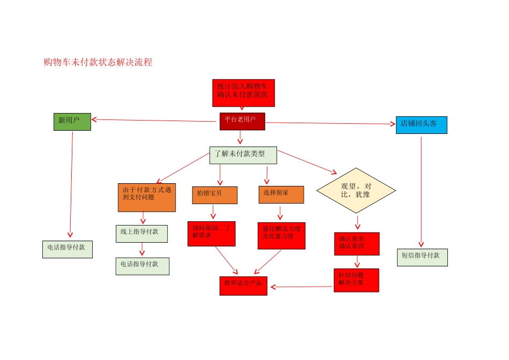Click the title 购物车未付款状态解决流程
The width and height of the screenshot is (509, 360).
(98, 63)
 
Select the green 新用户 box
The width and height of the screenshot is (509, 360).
(72, 121)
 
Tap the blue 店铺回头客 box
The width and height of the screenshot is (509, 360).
(421, 124)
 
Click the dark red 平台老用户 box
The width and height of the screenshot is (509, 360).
(242, 121)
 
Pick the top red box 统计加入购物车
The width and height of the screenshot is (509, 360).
(243, 92)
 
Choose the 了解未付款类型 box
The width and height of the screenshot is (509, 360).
(243, 155)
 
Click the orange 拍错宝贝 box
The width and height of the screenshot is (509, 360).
(214, 194)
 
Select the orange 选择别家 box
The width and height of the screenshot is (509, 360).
(281, 194)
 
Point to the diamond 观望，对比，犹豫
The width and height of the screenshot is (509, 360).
(356, 190)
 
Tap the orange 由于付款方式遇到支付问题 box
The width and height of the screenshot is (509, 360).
(147, 197)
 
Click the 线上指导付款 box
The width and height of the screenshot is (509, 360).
(141, 233)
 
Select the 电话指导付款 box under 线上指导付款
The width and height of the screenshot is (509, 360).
(142, 266)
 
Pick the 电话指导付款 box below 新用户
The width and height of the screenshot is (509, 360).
(67, 249)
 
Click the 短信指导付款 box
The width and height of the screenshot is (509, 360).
(422, 257)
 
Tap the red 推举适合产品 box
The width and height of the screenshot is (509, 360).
(243, 285)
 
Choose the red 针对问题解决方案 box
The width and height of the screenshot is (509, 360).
(356, 280)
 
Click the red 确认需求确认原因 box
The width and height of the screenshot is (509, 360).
(356, 243)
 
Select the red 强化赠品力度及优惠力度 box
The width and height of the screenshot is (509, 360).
(281, 235)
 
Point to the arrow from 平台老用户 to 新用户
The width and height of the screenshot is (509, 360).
(155, 121)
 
